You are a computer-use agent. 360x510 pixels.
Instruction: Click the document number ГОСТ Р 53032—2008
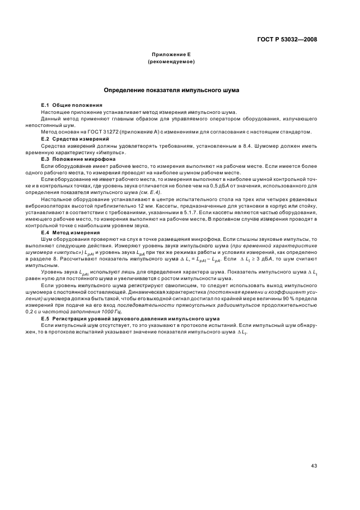(287, 39)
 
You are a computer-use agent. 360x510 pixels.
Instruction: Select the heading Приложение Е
(171, 55)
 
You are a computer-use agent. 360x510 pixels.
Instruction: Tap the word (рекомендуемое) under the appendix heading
(171, 62)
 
